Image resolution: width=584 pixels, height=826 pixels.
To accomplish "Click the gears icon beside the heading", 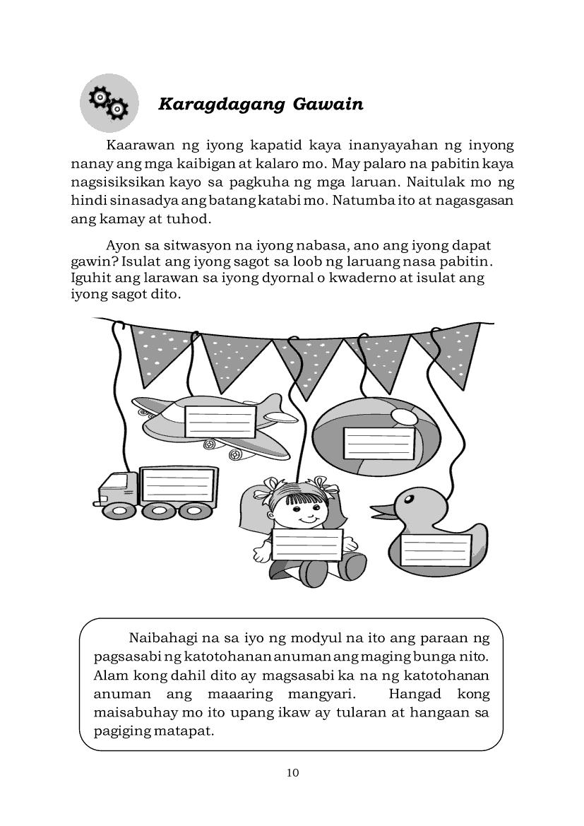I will pos(109,103).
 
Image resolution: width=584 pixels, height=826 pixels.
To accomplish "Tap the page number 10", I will pos(293,772).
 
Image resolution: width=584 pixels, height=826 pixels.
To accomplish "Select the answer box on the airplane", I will pos(220,421).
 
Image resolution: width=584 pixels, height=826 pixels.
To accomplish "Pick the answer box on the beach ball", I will pos(379,443).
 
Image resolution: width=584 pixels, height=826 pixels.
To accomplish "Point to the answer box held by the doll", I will pos(307,545).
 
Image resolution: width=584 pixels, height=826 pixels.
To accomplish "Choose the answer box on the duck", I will pos(436,550).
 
